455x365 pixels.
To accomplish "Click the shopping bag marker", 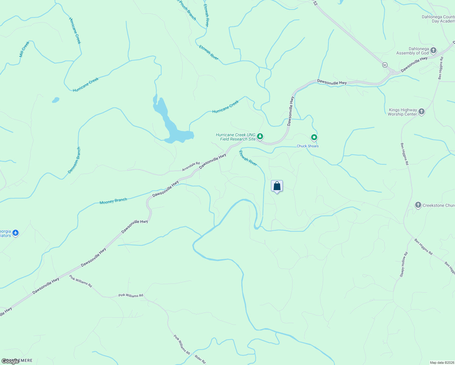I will tap(277, 186).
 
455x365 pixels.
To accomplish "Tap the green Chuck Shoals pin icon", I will tap(314, 137).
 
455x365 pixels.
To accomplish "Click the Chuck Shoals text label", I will tap(307, 146).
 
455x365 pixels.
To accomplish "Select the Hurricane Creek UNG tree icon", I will tap(260, 136).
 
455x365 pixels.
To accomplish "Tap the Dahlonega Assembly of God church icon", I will tap(433, 50).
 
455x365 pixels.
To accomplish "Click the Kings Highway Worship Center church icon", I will tap(422, 112).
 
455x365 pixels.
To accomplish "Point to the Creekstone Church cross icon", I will tap(418, 205).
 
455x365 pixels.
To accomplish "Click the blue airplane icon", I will tap(16, 233).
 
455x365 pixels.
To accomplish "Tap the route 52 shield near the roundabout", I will tap(385, 65).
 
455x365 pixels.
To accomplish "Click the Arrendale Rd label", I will tap(191, 166).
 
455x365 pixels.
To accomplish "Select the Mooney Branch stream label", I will tap(113, 201).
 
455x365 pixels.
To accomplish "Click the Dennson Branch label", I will tap(75, 160).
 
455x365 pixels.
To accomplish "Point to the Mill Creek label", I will tap(24, 49).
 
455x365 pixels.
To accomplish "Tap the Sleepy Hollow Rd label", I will tap(404, 264).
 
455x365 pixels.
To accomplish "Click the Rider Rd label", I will tap(200, 360).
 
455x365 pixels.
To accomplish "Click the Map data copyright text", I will tap(442, 363).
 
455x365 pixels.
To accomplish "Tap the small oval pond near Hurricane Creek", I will tap(55, 100).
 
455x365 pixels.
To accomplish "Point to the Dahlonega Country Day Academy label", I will tap(438, 19).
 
